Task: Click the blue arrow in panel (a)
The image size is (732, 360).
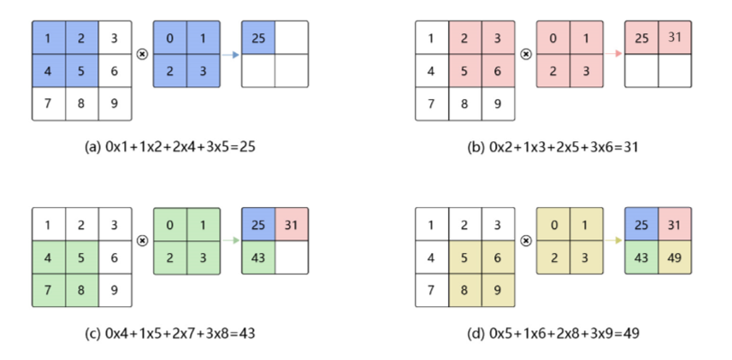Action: click(x=232, y=54)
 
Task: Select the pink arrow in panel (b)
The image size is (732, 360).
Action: click(x=614, y=54)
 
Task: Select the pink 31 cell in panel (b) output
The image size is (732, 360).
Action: click(x=674, y=38)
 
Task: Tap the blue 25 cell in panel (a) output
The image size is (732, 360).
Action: click(x=258, y=38)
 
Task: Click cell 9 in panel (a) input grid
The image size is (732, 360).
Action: click(x=115, y=103)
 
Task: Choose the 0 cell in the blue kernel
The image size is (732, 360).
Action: click(x=169, y=38)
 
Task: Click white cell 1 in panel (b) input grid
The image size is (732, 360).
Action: click(x=431, y=38)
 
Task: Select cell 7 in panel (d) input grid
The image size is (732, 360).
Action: click(x=431, y=289)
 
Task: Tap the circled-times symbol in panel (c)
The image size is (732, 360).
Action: click(x=142, y=240)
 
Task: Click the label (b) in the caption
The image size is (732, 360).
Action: click(x=476, y=146)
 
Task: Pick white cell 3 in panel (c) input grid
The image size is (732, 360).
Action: click(x=115, y=224)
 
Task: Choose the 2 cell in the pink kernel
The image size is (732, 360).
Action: click(x=552, y=70)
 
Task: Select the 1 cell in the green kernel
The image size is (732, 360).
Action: click(x=204, y=224)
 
